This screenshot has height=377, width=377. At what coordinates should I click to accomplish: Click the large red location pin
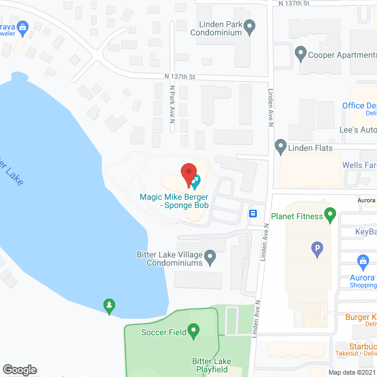(x=188, y=173)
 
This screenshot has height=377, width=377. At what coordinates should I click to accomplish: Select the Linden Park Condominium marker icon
(x=249, y=26)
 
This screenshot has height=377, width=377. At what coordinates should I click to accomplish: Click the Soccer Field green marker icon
(x=193, y=332)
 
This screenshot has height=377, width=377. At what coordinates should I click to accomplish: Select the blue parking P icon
(x=318, y=250)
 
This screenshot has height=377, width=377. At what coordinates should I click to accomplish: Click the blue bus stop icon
(x=253, y=213)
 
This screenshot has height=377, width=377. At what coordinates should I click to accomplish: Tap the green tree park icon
(x=108, y=305)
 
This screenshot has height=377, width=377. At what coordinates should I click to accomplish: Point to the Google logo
(x=19, y=369)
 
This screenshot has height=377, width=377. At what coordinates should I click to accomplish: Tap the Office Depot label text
(x=359, y=106)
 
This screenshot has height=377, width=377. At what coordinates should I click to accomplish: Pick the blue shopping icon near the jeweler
(x=23, y=26)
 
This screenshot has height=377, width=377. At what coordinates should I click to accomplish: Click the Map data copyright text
(x=352, y=372)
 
